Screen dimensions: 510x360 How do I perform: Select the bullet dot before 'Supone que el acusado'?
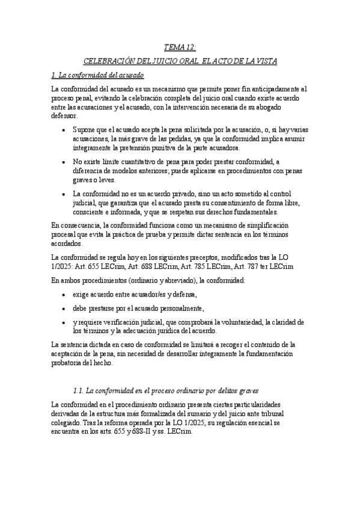tap(64, 129)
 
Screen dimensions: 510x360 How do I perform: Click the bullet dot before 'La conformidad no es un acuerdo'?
tap(64, 194)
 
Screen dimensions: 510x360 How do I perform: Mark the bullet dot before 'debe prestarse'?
tap(64, 308)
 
